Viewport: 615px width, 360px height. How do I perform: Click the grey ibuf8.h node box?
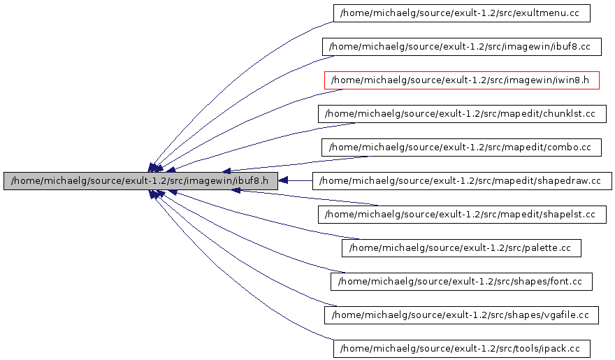(140, 181)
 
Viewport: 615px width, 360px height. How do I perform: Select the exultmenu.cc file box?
(461, 13)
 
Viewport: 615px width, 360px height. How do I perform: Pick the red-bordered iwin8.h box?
(461, 80)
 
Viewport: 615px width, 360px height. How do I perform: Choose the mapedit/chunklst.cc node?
(461, 114)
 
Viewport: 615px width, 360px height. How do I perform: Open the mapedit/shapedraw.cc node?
(462, 181)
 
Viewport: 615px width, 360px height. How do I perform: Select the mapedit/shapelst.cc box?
(461, 215)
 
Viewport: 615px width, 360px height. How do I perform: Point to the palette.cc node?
(461, 248)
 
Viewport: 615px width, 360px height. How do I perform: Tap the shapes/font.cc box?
(461, 282)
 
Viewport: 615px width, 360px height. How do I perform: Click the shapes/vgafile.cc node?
(461, 315)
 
